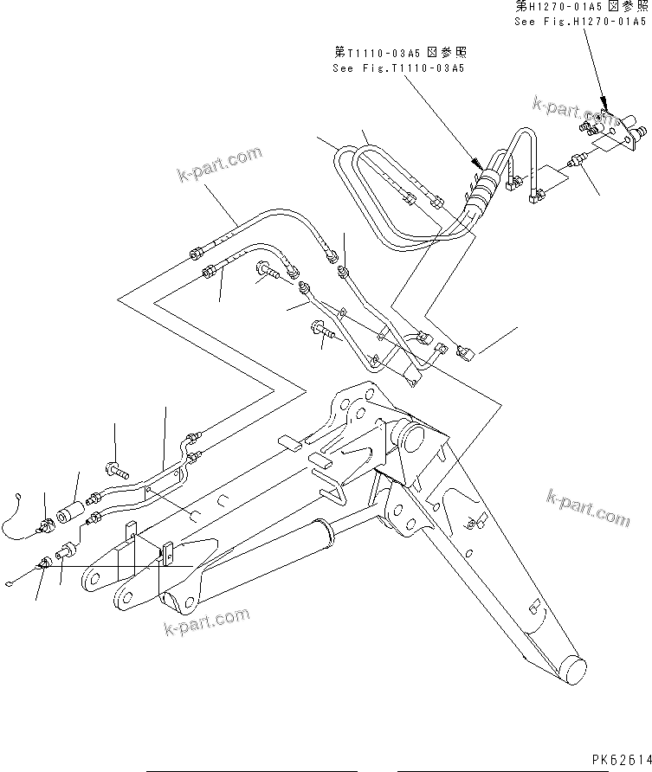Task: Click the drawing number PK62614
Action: (619, 758)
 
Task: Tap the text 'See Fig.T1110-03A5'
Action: (398, 68)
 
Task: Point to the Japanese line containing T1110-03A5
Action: (398, 52)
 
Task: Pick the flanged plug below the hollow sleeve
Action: (68, 554)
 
